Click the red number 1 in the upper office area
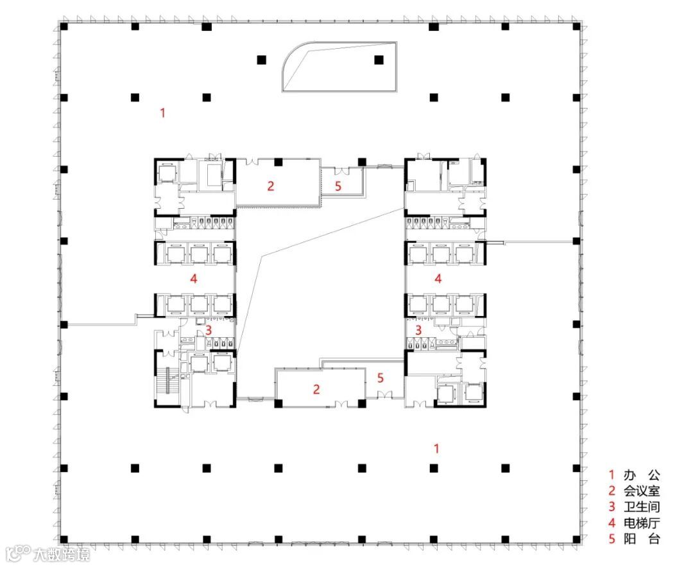tap(162, 113)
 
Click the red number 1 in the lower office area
tap(436, 448)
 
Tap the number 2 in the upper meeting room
tap(271, 186)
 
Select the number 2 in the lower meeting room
tap(316, 389)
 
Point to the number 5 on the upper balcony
tap(338, 186)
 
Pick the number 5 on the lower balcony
tap(381, 378)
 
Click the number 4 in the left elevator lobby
tap(194, 279)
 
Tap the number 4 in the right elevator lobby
tap(438, 279)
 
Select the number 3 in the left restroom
tap(209, 330)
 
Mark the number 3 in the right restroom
tap(418, 330)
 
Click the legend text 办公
tap(642, 475)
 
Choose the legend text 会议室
tap(642, 491)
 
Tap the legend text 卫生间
tap(642, 507)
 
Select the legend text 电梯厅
tap(642, 523)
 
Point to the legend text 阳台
tap(642, 539)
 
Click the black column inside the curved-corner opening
tap(379, 60)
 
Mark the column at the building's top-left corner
tap(64, 26)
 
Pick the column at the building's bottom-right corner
tap(576, 539)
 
